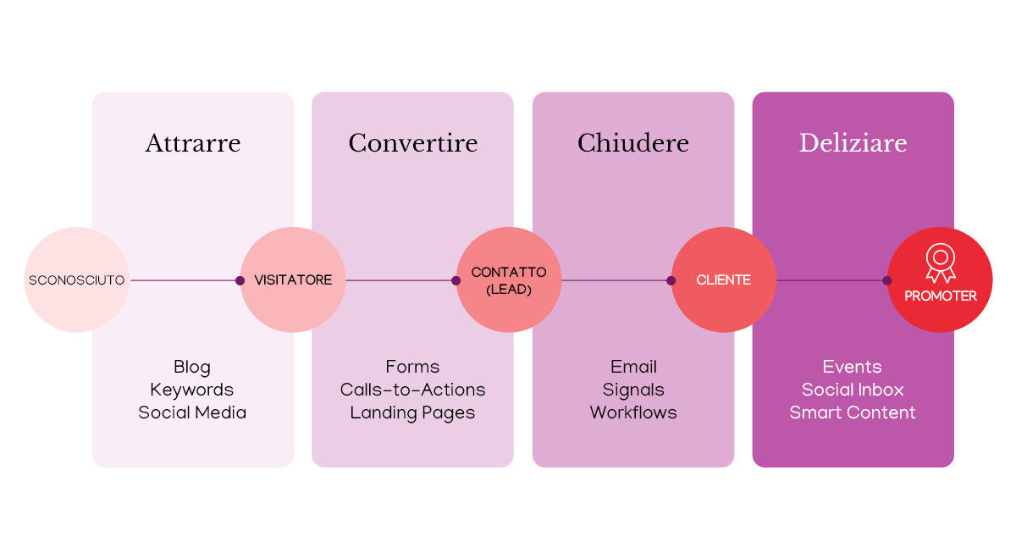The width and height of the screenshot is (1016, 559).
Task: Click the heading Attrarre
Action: pos(193,143)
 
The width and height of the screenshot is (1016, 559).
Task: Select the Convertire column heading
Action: pos(412,143)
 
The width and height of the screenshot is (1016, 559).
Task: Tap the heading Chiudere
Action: pos(632,143)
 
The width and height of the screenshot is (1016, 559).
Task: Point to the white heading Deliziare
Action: pos(853,143)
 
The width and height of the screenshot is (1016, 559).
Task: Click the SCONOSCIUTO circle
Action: pos(76,279)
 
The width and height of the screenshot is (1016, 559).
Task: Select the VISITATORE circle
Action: pos(293,279)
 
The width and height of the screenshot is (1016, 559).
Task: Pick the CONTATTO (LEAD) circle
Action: pos(509,279)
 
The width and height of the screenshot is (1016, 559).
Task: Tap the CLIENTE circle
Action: pos(724,279)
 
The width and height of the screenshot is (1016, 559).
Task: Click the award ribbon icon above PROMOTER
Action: pos(940,263)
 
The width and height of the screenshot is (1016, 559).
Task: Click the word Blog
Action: pos(192,368)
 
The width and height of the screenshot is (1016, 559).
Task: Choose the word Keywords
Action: pos(192,390)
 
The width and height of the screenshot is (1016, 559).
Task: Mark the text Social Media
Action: pos(192,413)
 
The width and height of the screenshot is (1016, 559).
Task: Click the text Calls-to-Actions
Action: pos(412,390)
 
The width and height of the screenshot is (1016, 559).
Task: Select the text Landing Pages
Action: pos(412,413)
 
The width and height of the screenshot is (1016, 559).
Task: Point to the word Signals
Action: pos(633,390)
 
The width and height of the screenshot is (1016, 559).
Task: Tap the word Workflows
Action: pos(633,413)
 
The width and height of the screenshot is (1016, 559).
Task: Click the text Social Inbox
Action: pos(853,390)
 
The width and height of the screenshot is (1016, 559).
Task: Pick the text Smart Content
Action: pos(853,413)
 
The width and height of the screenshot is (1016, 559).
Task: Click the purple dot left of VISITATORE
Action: pos(240,280)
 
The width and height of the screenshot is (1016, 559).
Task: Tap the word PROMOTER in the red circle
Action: pos(940,296)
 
